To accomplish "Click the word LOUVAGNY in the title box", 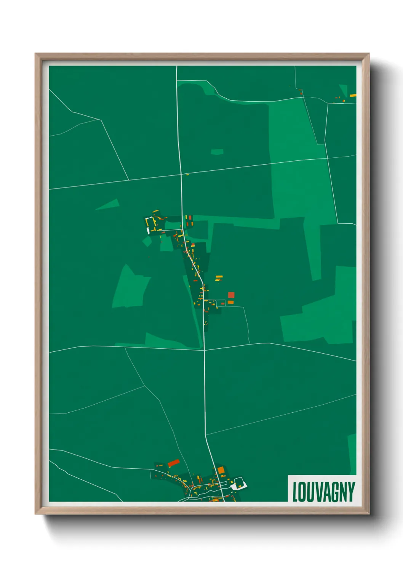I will (x=323, y=492).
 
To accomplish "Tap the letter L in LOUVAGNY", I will (x=295, y=492).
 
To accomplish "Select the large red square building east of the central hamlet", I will (x=231, y=295).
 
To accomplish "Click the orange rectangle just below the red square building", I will (x=230, y=302).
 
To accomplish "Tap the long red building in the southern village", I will (x=173, y=463).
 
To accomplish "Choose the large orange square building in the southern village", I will (x=221, y=470).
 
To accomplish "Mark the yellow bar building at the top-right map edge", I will (x=353, y=95).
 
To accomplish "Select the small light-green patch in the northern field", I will (x=217, y=152).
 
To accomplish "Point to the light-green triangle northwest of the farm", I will (x=109, y=205).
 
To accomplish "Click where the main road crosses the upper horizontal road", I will (x=181, y=175).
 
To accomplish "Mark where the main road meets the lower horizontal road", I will (x=204, y=349).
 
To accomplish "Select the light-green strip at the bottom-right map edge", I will (x=352, y=453).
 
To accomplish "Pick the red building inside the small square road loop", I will (x=222, y=304).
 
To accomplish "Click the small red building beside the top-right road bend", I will (x=301, y=93).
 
